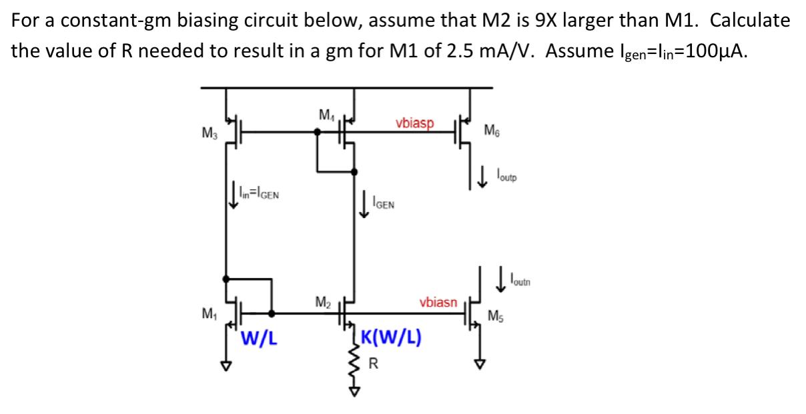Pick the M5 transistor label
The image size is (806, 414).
click(497, 316)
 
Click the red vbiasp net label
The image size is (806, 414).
click(414, 123)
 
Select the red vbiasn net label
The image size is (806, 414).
click(438, 302)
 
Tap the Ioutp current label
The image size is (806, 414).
click(506, 177)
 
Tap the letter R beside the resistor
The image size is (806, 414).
click(374, 364)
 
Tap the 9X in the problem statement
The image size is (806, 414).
click(524, 19)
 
